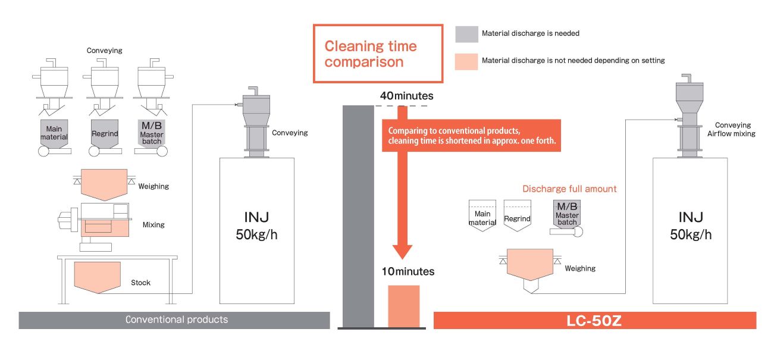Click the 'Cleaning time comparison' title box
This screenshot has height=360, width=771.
pyautogui.click(x=378, y=54)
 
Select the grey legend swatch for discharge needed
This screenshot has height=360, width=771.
pyautogui.click(x=466, y=34)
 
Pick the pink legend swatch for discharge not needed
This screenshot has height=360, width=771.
pyautogui.click(x=466, y=61)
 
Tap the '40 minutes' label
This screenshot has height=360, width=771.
pyautogui.click(x=407, y=96)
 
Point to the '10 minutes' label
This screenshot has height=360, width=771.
pyautogui.click(x=408, y=272)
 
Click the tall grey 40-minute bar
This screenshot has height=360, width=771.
pyautogui.click(x=358, y=214)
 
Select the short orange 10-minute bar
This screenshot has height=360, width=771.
pyautogui.click(x=404, y=306)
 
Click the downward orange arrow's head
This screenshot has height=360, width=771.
pyautogui.click(x=403, y=250)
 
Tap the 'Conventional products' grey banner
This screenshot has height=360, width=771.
pyautogui.click(x=174, y=320)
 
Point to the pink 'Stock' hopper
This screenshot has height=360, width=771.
pyautogui.click(x=98, y=276)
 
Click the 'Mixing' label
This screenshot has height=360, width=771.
pyautogui.click(x=153, y=225)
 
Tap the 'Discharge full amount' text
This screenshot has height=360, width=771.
pyautogui.click(x=569, y=189)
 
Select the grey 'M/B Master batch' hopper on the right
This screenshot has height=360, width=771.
pyautogui.click(x=567, y=215)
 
